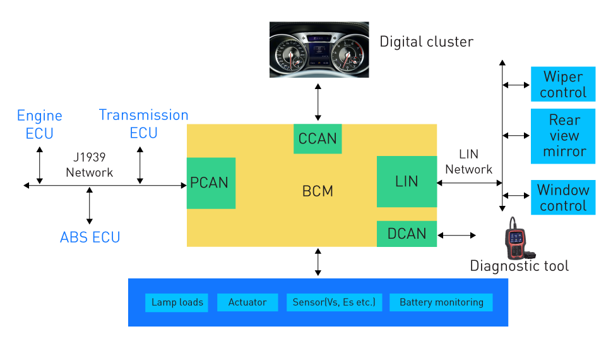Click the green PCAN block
211,183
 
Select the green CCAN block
318,139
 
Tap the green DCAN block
407,234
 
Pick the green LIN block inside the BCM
407,181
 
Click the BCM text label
318,191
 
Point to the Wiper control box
563,84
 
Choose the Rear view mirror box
563,136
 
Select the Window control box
563,197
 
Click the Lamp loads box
177,303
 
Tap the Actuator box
247,303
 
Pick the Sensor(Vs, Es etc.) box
335,303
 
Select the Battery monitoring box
441,303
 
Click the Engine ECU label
39,124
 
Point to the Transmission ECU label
143,124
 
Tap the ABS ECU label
90,237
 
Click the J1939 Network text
89,165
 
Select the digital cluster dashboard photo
319,49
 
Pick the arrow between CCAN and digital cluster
318,102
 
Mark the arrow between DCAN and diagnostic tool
456,235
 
